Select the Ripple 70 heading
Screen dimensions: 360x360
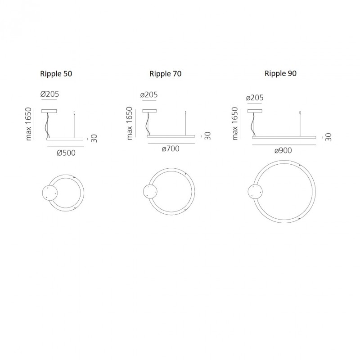click(x=166, y=73)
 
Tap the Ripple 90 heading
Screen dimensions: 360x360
click(x=280, y=73)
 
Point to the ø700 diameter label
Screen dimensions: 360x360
click(x=171, y=148)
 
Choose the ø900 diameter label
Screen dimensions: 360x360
click(x=283, y=151)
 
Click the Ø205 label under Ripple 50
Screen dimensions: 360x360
click(x=49, y=94)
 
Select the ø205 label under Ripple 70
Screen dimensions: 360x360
click(x=149, y=95)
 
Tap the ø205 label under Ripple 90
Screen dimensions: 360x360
click(x=255, y=98)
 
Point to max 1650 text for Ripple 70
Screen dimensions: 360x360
click(x=130, y=123)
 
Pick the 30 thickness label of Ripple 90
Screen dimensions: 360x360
click(x=328, y=136)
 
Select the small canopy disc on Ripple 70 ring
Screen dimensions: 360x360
click(x=150, y=191)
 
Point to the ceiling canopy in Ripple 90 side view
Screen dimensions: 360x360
click(x=254, y=111)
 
